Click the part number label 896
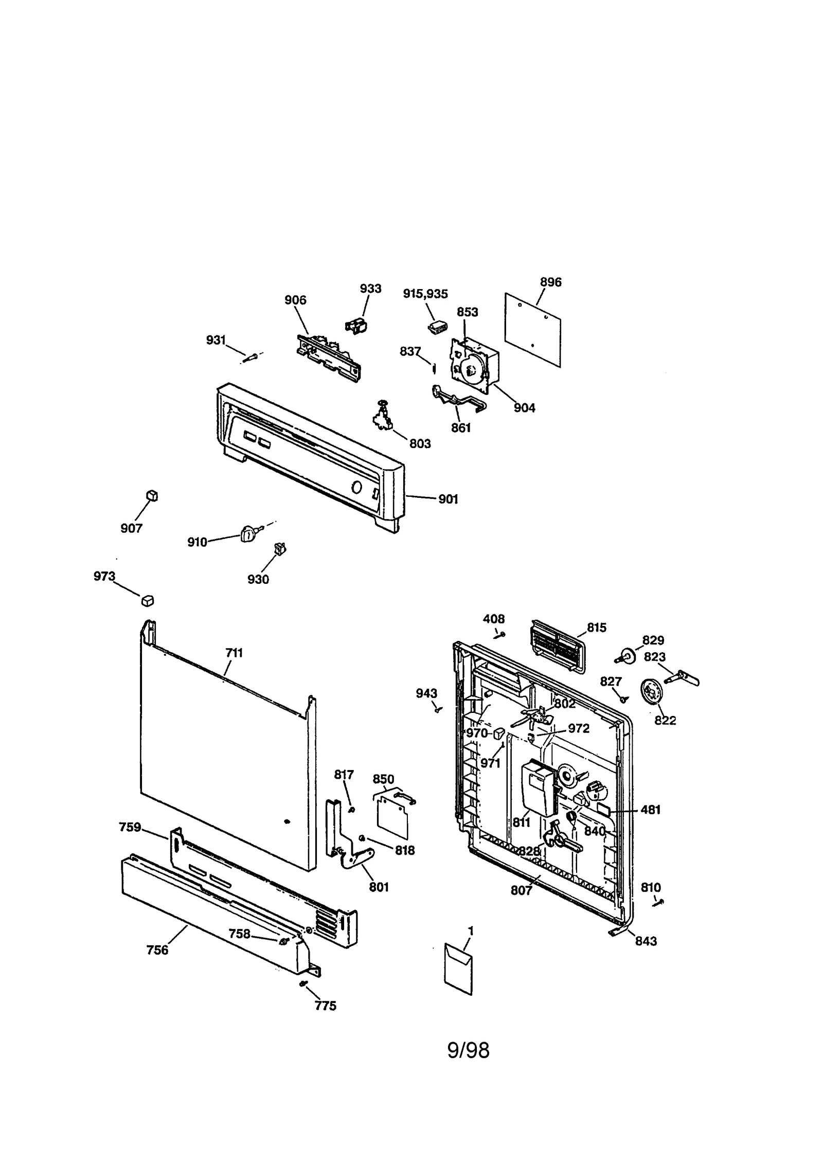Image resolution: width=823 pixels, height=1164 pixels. pos(550,282)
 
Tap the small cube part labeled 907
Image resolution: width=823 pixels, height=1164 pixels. pos(152,496)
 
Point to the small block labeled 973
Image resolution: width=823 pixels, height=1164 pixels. pos(148,600)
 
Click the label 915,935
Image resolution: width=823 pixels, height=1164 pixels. pos(425,294)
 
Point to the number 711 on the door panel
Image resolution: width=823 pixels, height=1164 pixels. pos(234,653)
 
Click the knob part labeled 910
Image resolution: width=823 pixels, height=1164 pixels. pos(248,534)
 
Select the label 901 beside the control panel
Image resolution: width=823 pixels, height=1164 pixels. pos(448,499)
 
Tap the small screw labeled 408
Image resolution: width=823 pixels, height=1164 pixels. pos(500,635)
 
